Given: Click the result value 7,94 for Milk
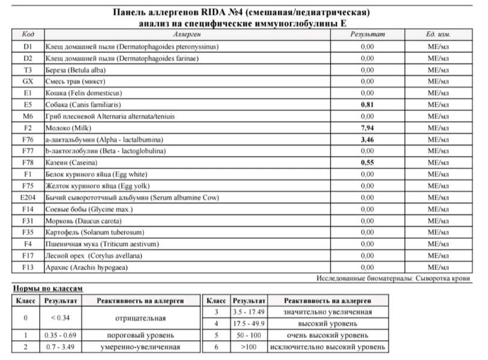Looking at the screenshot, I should tap(367, 128).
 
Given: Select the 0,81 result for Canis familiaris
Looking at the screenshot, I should tap(367, 104).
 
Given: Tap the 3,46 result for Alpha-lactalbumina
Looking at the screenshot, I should tap(367, 139).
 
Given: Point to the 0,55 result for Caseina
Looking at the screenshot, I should tap(367, 163).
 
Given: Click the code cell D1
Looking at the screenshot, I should tap(28, 46).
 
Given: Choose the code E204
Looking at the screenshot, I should tap(28, 197).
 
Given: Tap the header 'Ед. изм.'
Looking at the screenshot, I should tap(438, 34).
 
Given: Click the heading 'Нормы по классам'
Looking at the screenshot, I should tap(48, 289).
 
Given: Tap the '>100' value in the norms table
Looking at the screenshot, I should tap(249, 347).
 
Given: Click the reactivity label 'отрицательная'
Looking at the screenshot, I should tap(140, 318).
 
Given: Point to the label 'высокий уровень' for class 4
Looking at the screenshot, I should tap(327, 323).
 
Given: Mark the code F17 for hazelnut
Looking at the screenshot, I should tap(28, 256).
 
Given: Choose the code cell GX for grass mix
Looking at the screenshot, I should tap(28, 81).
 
